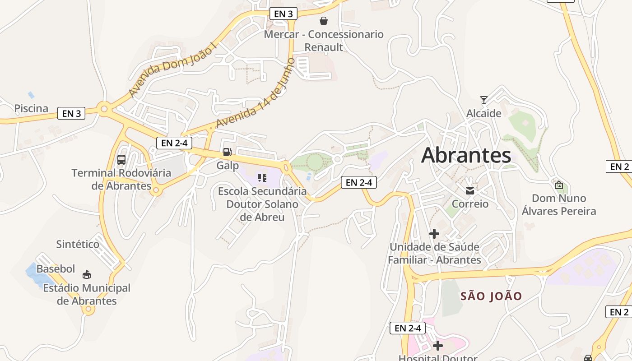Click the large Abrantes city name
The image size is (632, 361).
coord(466,155)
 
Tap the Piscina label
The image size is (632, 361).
coord(31,108)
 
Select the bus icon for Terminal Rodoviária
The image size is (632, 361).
coord(121,159)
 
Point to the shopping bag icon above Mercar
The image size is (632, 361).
coord(324,21)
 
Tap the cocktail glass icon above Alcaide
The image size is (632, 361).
coord(484,100)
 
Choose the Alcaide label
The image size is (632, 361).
coord(484,113)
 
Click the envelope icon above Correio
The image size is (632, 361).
coord(470,191)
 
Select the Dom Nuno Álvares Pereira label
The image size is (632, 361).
coord(559,204)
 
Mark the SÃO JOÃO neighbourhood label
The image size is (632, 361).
coord(491,296)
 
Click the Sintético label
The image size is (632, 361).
coord(78,244)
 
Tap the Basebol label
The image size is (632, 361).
coord(56,269)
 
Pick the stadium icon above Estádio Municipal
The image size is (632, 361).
coord(87,274)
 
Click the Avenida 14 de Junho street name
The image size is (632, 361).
coord(256,93)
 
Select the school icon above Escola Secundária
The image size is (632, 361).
coord(262,177)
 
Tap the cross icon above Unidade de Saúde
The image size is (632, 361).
coord(434,234)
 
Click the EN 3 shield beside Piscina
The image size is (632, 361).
coord(71,113)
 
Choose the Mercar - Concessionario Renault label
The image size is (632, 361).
coord(324,41)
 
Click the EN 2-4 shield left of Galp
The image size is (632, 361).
coord(174,143)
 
